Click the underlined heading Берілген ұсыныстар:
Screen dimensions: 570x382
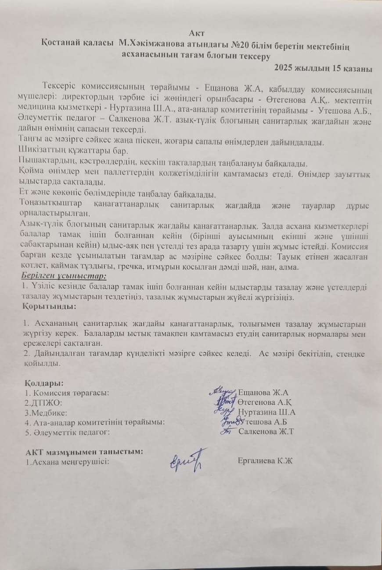[x=63, y=276]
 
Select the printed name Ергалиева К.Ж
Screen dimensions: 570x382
[x=265, y=460]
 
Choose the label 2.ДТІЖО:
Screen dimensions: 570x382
[x=43, y=402]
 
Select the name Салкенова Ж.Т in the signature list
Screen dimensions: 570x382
[x=266, y=432]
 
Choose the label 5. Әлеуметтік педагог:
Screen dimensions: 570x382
[x=67, y=432]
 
